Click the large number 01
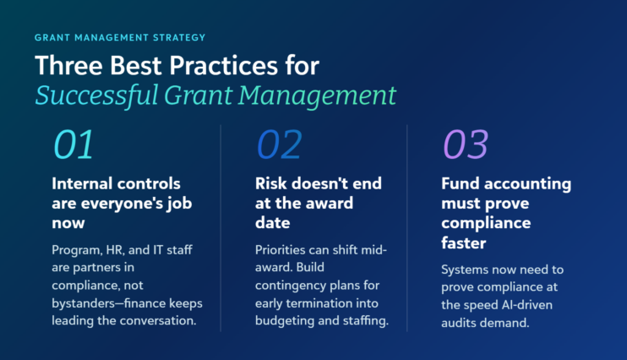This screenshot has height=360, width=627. coord(74,145)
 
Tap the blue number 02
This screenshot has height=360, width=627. coord(279,145)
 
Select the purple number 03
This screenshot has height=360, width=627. coord(466,145)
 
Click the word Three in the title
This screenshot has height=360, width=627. coord(68,65)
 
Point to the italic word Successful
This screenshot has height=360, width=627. coord(97,96)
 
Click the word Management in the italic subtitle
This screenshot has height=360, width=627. coord(318,96)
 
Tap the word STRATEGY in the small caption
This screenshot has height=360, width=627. coord(179,37)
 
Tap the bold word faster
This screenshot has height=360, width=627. coord(463,243)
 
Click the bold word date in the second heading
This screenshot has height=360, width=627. coord(272,223)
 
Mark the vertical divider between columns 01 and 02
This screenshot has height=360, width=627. coord(221,228)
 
